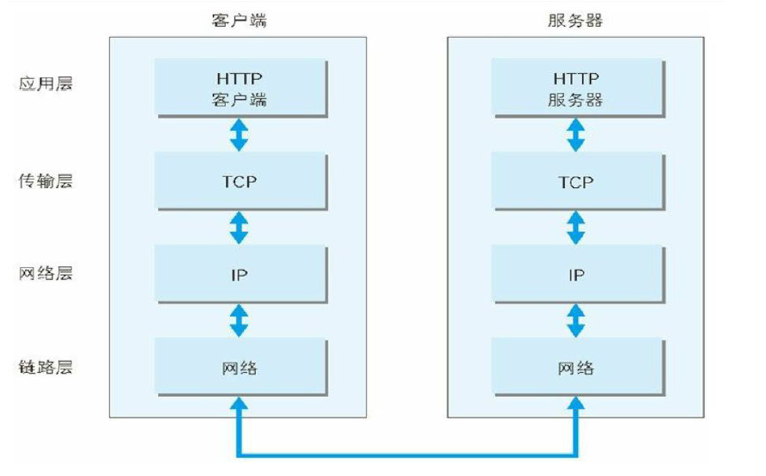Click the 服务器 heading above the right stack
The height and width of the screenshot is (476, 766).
coord(576,20)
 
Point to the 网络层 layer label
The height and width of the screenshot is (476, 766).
coord(44,275)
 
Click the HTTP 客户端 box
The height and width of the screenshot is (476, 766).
coord(240,88)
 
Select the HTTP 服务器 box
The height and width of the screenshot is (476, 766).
coord(577,88)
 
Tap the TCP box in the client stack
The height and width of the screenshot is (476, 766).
coord(240,181)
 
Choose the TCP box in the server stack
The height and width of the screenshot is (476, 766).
coord(577,181)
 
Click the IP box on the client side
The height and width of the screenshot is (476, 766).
coord(240,275)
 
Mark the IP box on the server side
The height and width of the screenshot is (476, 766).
coord(577,275)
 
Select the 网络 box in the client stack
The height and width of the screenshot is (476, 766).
coord(240,368)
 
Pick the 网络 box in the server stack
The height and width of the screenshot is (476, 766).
coord(577,368)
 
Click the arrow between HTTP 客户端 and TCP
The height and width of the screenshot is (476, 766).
coord(240,134)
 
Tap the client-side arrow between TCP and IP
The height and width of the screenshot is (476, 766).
coord(240,228)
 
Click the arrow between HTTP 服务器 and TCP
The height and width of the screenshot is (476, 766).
coord(577,134)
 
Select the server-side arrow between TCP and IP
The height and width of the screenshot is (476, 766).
coord(577,228)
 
